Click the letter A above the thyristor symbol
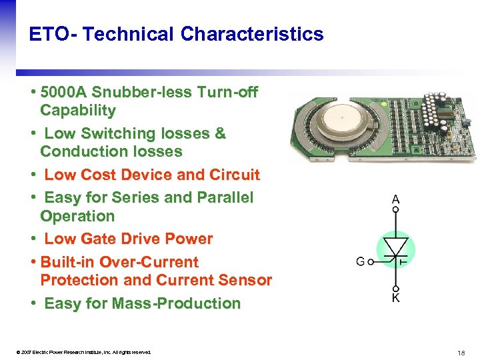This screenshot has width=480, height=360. click(395, 199)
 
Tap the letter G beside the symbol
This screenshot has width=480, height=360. click(360, 262)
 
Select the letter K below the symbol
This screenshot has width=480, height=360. click(395, 298)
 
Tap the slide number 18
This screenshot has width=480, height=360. click(461, 352)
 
